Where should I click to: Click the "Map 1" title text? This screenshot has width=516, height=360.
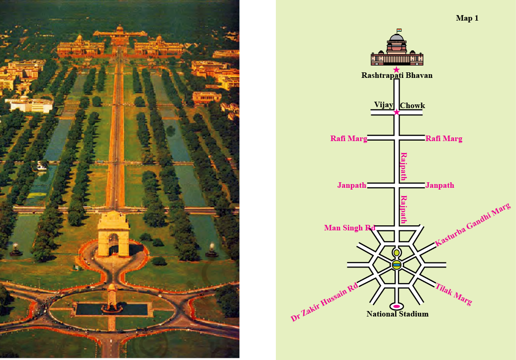click(467, 18)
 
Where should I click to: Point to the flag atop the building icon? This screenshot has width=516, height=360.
click(399, 31)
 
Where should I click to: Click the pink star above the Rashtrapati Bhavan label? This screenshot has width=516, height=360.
click(396, 69)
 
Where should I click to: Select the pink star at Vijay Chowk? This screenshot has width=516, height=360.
click(396, 112)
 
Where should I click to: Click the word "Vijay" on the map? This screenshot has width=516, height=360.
click(384, 105)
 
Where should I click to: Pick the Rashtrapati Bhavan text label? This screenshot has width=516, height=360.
click(397, 76)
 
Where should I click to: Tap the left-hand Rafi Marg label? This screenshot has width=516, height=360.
click(349, 138)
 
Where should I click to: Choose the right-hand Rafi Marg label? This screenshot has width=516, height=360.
click(444, 138)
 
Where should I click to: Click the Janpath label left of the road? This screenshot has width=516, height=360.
click(351, 185)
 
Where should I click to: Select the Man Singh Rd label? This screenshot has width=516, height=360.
click(350, 228)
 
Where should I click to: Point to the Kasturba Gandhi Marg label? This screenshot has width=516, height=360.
click(472, 225)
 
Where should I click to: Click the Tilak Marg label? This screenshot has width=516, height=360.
click(453, 294)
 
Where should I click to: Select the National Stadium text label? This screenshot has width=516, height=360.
click(397, 314)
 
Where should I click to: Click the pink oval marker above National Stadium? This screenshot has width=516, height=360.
click(396, 306)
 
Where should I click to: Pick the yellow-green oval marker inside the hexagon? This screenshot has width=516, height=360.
click(396, 253)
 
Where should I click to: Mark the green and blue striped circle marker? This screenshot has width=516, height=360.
click(396, 265)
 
